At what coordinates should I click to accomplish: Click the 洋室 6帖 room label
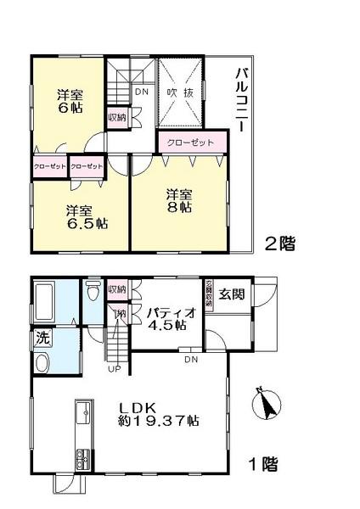[69, 100]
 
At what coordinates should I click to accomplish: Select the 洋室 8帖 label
[179, 199]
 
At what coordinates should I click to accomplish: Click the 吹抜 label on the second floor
[179, 93]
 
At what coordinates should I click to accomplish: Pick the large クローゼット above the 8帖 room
[191, 142]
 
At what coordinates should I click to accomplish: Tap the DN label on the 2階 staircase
[143, 93]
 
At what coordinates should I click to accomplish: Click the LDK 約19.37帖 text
[158, 412]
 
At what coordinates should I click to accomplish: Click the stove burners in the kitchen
[82, 461]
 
